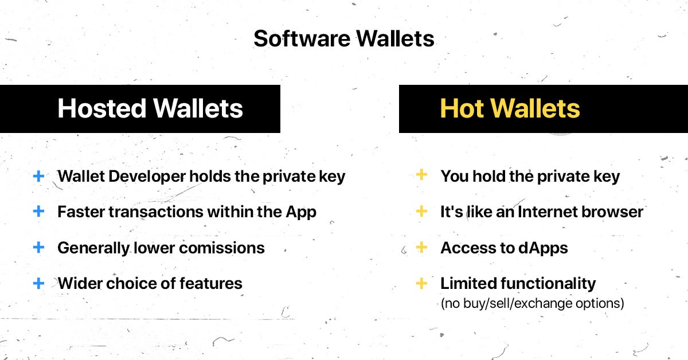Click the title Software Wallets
click(x=344, y=39)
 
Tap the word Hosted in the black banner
click(x=100, y=109)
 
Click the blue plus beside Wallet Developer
click(x=38, y=176)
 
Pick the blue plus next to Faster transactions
click(x=38, y=212)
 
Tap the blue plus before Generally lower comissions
click(x=38, y=248)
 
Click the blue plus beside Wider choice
click(x=38, y=283)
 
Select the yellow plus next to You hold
click(x=421, y=175)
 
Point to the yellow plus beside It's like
click(x=421, y=212)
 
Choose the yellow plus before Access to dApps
click(x=421, y=248)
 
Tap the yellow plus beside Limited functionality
click(x=421, y=283)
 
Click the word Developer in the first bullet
click(x=151, y=177)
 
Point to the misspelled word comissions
click(x=228, y=248)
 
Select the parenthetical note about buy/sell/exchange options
click(x=532, y=303)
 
